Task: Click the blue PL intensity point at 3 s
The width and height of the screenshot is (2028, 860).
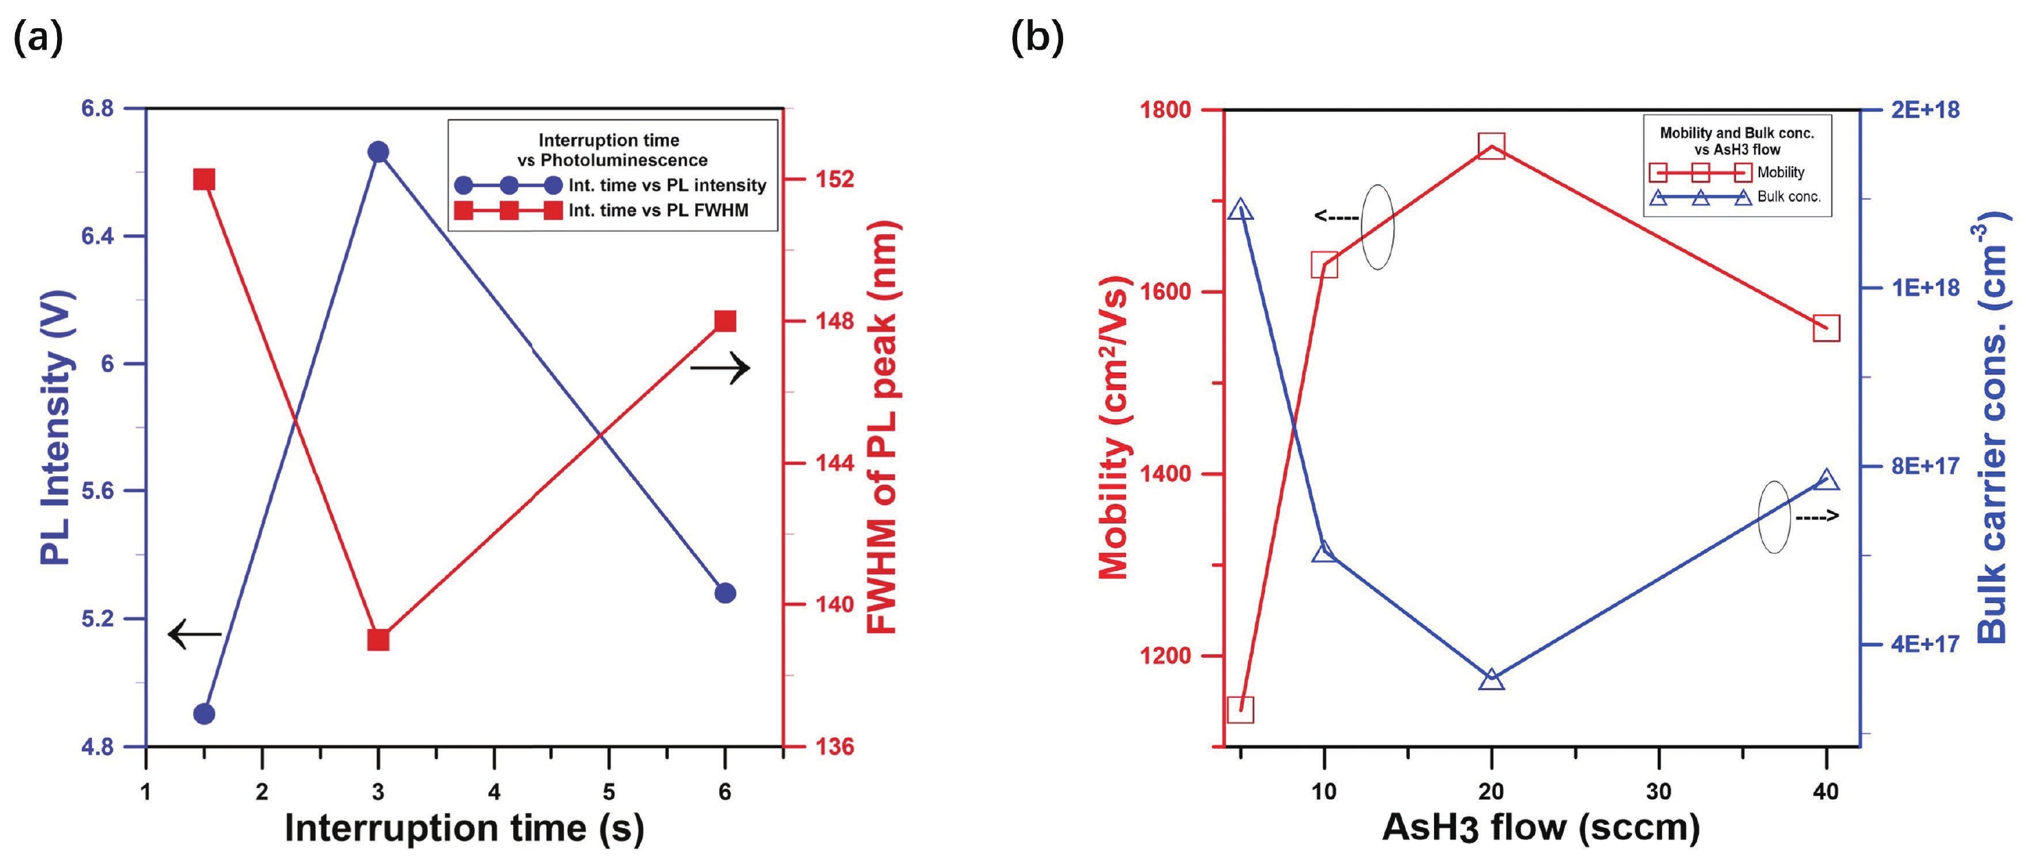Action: tap(378, 152)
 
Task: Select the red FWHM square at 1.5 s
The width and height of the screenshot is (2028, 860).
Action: tap(204, 179)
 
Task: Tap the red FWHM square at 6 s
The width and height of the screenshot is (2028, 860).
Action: tap(725, 321)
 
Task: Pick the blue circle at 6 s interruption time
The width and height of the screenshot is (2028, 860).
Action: tap(725, 593)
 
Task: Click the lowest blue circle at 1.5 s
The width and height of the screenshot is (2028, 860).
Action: tap(205, 714)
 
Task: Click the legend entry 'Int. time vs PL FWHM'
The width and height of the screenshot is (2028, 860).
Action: tap(658, 210)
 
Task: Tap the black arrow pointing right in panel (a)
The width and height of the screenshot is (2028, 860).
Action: tap(720, 367)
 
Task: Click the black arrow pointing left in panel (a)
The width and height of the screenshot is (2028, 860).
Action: tap(194, 634)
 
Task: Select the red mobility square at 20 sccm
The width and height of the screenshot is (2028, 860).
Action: tap(1491, 146)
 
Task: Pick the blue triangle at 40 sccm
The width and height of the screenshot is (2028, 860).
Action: tap(1827, 479)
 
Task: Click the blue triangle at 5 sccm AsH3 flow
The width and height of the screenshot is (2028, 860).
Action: tap(1242, 209)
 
